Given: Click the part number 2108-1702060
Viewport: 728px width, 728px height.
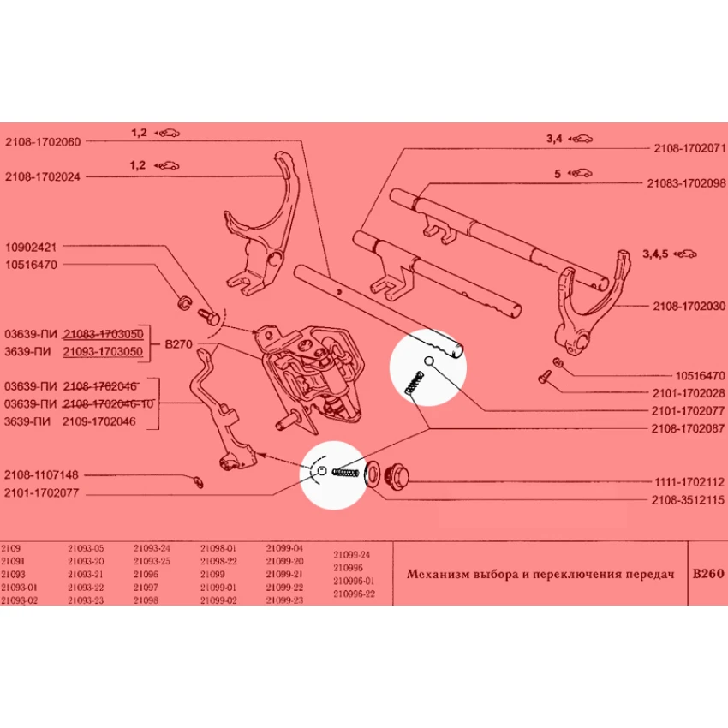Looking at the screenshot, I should pyautogui.click(x=42, y=141).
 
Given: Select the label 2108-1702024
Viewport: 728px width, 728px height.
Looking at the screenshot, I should pyautogui.click(x=42, y=177).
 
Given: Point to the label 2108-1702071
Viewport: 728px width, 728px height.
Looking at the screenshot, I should pyautogui.click(x=689, y=148).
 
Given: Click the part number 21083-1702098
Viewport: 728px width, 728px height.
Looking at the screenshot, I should pyautogui.click(x=686, y=183).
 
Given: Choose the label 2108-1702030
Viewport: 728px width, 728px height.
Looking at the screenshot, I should pyautogui.click(x=689, y=305).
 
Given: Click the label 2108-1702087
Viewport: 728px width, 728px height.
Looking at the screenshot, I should pyautogui.click(x=689, y=427).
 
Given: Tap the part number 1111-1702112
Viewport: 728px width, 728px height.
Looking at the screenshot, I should pyautogui.click(x=689, y=481).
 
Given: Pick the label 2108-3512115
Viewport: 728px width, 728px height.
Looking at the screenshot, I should pyautogui.click(x=689, y=499).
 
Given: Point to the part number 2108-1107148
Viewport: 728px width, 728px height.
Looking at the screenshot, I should pyautogui.click(x=42, y=474).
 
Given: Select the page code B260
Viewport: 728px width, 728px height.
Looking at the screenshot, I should pyautogui.click(x=708, y=574).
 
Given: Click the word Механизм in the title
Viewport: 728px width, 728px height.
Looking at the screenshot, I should pyautogui.click(x=437, y=575).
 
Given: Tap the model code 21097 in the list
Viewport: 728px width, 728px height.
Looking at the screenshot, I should pyautogui.click(x=146, y=588).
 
